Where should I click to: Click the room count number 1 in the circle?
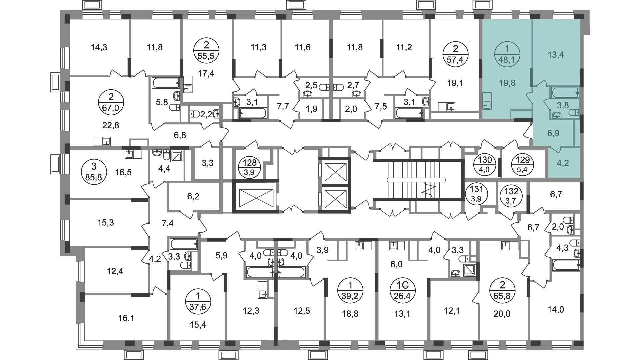coord(507,49)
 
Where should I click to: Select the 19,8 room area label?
coord(507,83)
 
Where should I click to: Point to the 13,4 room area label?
coord(556,55)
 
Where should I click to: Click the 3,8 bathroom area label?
coord(563,106)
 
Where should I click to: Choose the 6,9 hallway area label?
coord(553,133)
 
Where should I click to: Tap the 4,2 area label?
coord(563,163)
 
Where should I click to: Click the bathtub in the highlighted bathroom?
coord(565,93)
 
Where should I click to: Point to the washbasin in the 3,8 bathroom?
coord(556,116)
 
